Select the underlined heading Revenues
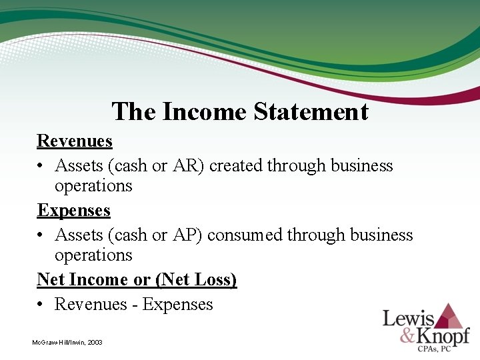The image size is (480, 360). point(75,141)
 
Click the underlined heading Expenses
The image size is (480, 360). point(73,211)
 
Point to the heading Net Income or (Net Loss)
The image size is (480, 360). point(137,280)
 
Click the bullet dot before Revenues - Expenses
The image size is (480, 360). point(41,305)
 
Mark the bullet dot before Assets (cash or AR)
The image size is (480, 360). point(41,166)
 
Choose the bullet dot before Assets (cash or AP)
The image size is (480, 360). point(41,235)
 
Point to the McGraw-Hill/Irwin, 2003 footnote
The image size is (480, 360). point(67,342)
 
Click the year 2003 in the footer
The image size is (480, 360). point(94,342)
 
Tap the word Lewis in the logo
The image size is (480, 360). point(408,319)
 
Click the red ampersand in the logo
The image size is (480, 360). point(407,336)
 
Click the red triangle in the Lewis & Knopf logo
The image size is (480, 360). point(451,315)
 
